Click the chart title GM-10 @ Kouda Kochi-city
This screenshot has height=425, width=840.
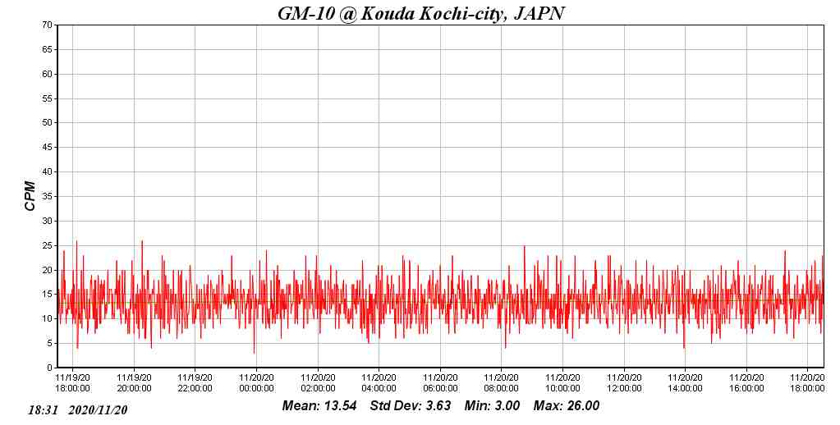tap(420, 13)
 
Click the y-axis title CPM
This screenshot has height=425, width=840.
tap(30, 196)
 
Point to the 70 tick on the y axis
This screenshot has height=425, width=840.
tap(48, 25)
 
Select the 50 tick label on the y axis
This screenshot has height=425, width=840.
tap(48, 123)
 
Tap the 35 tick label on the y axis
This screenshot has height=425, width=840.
tap(48, 197)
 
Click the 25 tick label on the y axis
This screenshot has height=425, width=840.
tap(48, 245)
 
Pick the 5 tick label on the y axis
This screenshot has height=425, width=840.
tap(50, 344)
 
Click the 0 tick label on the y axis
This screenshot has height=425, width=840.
tap(50, 368)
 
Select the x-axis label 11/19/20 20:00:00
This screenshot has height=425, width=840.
tap(134, 383)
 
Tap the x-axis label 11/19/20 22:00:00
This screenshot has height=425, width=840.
tap(195, 383)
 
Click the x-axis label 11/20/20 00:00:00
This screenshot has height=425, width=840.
tap(256, 383)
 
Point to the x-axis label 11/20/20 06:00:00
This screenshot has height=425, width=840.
tap(440, 383)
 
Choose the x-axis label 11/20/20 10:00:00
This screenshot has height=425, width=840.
tap(562, 383)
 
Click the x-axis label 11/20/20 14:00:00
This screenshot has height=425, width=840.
tap(685, 383)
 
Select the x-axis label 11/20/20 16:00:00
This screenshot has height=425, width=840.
tap(746, 383)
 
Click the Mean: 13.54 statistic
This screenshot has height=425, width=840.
tap(319, 406)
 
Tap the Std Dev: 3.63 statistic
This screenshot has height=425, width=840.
tap(410, 406)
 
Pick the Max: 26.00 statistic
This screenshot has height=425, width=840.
tap(567, 406)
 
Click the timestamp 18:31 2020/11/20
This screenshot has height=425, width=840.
tap(78, 409)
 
